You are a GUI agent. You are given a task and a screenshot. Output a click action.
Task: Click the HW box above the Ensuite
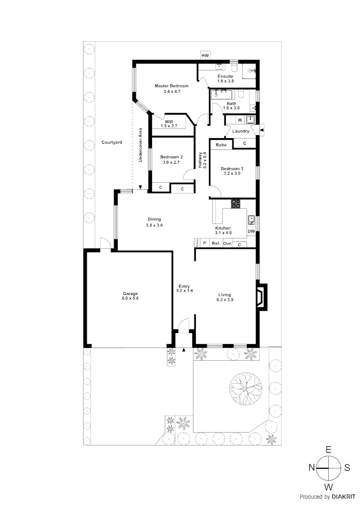coord(205,56)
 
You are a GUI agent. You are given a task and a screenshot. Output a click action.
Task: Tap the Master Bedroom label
coord(172,86)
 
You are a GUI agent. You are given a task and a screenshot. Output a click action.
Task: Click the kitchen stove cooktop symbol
coord(236,204)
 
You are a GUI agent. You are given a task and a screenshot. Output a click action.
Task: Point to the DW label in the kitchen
coord(251,232)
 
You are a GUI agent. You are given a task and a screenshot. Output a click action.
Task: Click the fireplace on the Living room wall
coord(261,297)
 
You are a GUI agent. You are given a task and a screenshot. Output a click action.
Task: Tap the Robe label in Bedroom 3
coord(221,145)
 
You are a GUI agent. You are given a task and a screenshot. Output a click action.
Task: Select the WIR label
coord(169,121)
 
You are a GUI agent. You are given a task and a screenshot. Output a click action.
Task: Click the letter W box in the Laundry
coord(240,119)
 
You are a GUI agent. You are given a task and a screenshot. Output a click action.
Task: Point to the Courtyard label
coord(112,142)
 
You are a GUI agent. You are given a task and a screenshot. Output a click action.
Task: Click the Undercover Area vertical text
coord(141,145)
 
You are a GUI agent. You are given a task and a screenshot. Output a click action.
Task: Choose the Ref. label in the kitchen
coord(216,244)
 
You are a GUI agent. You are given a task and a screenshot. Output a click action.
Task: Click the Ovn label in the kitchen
coord(227,244)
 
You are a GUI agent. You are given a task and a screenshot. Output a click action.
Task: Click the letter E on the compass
coord(328,449)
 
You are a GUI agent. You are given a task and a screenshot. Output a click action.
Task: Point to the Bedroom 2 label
coord(172,157)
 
